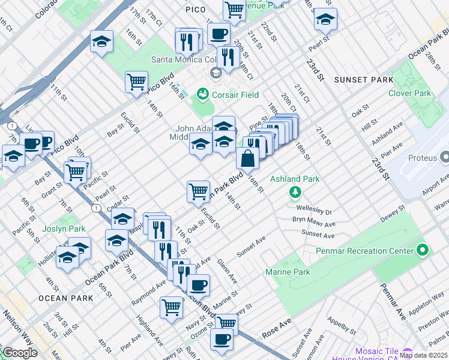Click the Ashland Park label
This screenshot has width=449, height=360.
(x=295, y=179)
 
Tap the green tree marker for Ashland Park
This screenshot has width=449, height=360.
(x=295, y=192)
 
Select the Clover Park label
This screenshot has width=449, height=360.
(x=409, y=94)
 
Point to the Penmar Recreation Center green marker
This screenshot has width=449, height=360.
(x=422, y=251)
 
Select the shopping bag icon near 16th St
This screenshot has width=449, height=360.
(x=247, y=160)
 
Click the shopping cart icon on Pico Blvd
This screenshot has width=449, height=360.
(x=137, y=81)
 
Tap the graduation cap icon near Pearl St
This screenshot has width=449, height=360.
(x=325, y=20)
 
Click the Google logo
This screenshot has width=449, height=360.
(x=20, y=353)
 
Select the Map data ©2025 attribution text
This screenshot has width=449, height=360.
(x=423, y=355)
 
